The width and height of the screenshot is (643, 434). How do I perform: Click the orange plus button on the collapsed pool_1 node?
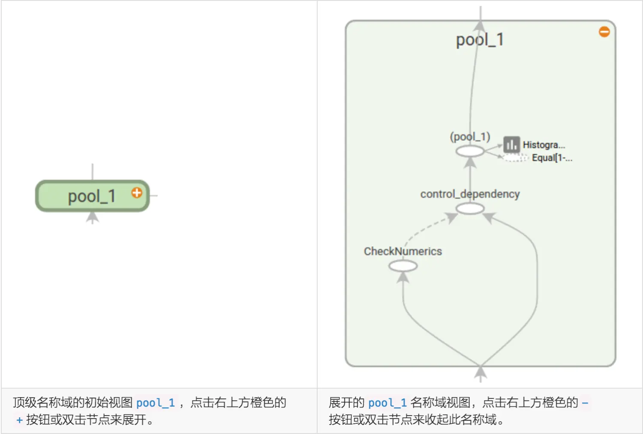click(137, 193)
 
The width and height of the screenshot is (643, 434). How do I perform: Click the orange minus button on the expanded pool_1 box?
click(604, 32)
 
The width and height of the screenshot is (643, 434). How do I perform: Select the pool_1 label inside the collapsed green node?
click(92, 197)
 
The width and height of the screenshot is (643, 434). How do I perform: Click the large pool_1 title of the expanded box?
click(480, 40)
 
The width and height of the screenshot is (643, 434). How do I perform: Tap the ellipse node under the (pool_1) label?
click(470, 151)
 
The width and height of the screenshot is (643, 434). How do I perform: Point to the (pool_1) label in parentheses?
click(470, 137)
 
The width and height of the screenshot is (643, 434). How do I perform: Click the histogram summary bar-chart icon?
click(511, 145)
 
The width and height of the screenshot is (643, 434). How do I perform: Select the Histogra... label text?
click(544, 145)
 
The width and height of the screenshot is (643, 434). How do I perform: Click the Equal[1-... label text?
click(552, 158)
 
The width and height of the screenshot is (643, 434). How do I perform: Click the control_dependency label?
click(470, 194)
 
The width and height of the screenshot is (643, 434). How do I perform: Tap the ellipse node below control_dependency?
click(470, 209)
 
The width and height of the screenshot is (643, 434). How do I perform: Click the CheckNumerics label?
click(403, 251)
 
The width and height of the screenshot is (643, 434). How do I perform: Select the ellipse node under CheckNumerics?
click(403, 266)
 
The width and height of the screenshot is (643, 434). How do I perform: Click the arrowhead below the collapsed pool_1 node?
click(92, 217)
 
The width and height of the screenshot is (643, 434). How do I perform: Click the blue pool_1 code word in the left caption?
click(155, 403)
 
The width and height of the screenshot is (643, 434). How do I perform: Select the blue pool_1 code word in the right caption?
click(387, 403)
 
